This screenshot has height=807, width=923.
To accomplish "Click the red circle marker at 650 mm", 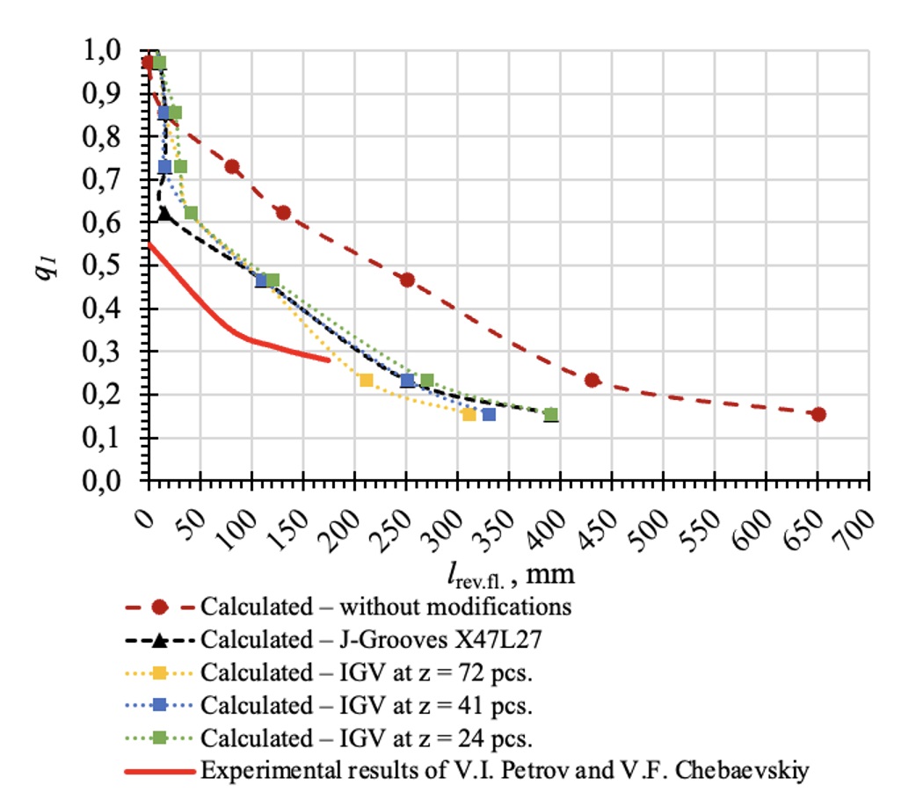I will click(818, 414).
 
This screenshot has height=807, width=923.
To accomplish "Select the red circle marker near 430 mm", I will click(592, 380).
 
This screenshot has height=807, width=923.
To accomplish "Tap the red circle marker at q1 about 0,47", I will click(407, 280).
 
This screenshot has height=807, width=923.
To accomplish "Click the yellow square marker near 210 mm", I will click(366, 380).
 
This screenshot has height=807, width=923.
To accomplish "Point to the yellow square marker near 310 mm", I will click(469, 414).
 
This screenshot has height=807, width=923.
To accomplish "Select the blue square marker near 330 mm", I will click(489, 414).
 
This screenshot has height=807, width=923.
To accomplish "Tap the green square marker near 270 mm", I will click(427, 380).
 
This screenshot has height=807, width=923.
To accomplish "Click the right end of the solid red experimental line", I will click(329, 359).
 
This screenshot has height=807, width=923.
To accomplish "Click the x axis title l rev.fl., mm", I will click(509, 576).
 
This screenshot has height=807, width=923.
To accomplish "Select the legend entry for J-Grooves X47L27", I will click(369, 639).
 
